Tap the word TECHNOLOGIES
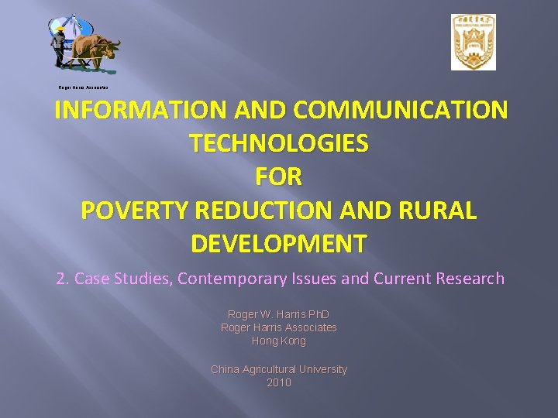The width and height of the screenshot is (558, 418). [x=279, y=143]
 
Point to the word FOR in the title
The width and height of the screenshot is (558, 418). [x=279, y=176]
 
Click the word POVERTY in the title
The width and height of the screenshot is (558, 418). [x=133, y=211]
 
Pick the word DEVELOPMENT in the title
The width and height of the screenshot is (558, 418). [x=279, y=244]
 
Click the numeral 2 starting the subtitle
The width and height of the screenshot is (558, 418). [x=61, y=279]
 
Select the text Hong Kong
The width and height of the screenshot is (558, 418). [x=279, y=341]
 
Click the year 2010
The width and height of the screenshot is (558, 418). [x=279, y=382]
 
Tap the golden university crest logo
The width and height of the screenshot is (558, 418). [x=474, y=43]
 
